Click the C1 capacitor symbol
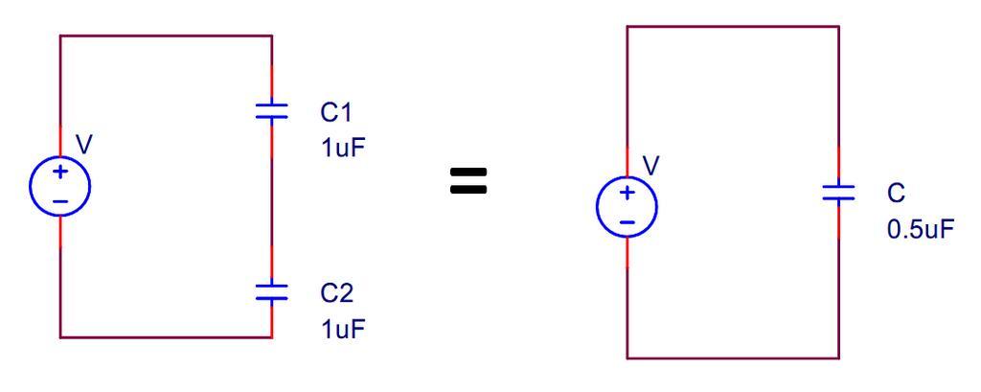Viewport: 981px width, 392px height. click(x=272, y=112)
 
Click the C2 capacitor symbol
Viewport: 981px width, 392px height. click(x=272, y=291)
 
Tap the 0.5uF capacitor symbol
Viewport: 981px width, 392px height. click(x=838, y=192)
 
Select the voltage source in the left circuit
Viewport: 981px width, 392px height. click(x=60, y=184)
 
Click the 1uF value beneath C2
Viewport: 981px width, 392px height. click(x=341, y=329)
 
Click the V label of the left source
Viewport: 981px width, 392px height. click(x=84, y=144)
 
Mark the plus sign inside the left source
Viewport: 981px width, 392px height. click(x=60, y=173)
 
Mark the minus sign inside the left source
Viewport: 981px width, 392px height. click(x=60, y=198)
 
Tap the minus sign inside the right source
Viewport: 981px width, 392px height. click(x=627, y=221)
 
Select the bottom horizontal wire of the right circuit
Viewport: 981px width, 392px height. click(x=733, y=358)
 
